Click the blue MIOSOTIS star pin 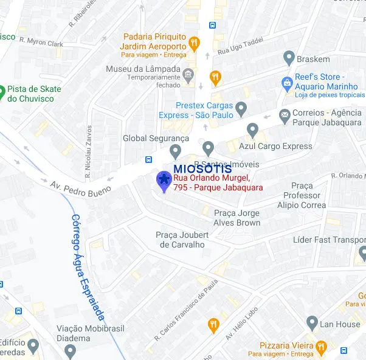point(164,180)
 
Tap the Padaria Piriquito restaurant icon point(194,43)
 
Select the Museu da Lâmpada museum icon point(188,75)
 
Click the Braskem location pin point(289,59)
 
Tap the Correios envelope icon point(285,114)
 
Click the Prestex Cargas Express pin point(241,110)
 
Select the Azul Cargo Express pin point(253,130)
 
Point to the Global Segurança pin point(176,150)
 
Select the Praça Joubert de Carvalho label point(182,240)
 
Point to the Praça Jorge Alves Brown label point(237,218)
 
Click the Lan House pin point(312,324)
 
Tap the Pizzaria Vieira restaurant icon point(320,348)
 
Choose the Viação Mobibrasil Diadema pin point(71,351)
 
